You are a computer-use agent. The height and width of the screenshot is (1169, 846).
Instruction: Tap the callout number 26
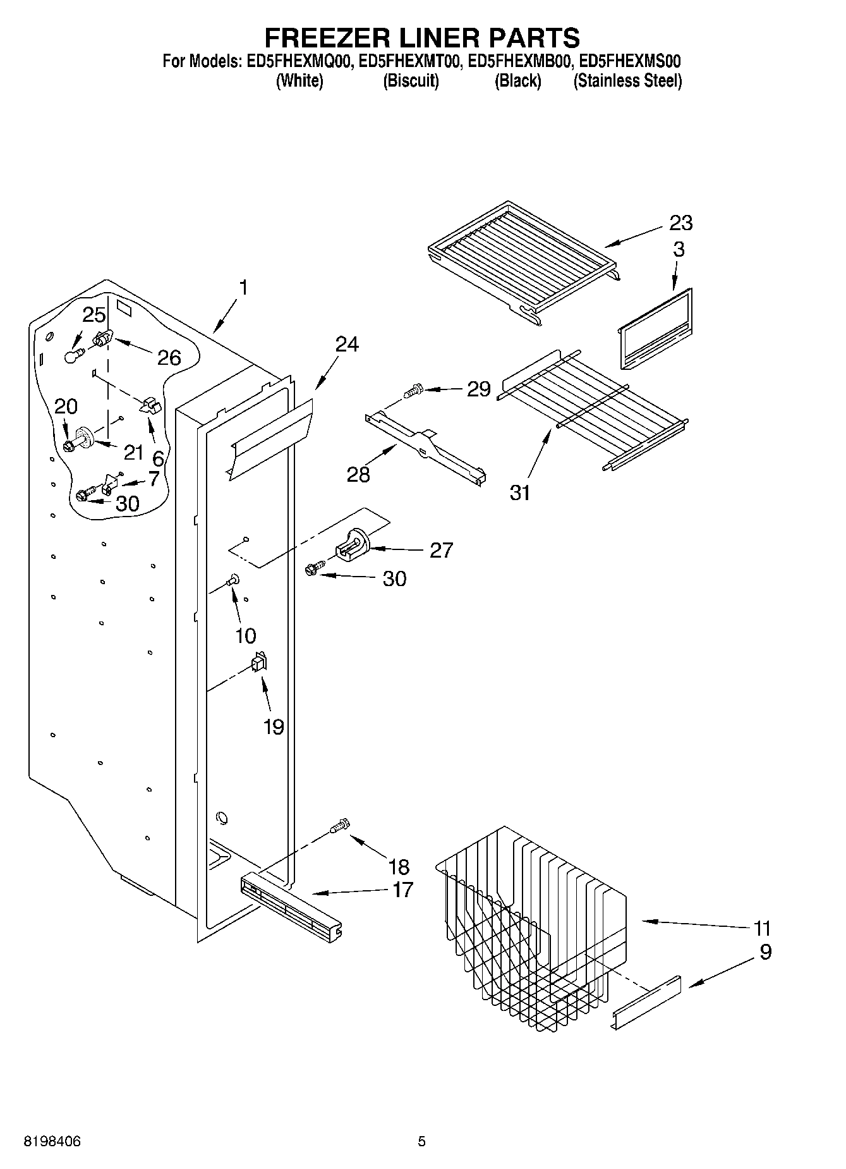[169, 358]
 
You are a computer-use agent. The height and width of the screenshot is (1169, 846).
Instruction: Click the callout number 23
[681, 223]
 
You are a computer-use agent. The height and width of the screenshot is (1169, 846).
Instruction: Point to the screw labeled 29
[414, 390]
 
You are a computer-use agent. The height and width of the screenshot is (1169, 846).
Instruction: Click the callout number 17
[402, 890]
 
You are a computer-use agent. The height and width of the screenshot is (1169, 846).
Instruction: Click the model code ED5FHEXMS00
[629, 61]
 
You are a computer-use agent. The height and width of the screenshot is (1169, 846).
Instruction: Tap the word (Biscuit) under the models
[411, 81]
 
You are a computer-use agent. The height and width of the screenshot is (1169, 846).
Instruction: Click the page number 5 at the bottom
[421, 1141]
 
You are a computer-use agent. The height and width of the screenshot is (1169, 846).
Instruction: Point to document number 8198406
[52, 1141]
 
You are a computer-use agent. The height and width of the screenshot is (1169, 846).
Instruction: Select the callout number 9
[765, 952]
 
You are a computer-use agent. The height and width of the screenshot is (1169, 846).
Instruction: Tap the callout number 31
[520, 492]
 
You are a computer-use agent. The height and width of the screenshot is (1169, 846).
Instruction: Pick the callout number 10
[245, 635]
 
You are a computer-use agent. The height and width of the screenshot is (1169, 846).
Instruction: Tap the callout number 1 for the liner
[243, 288]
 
